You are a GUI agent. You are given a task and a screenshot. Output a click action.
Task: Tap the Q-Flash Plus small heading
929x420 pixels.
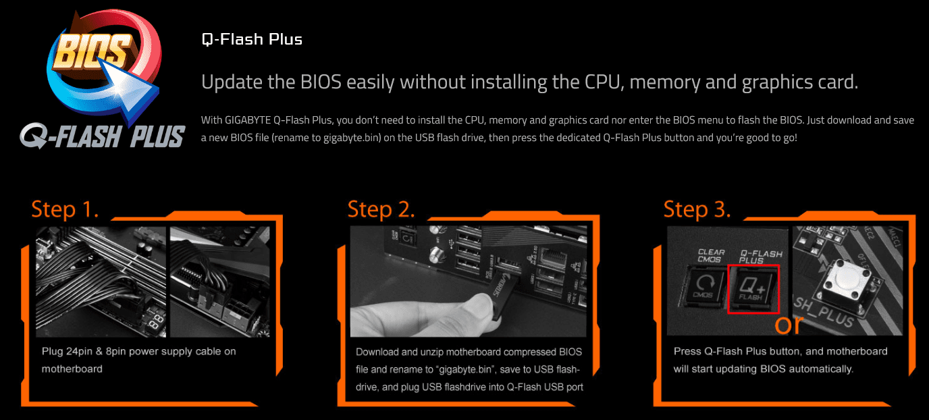[x=252, y=39]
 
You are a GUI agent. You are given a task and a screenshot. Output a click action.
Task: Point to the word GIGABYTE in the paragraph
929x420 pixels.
[x=248, y=120]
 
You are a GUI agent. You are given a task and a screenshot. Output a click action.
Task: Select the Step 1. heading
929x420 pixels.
[x=65, y=209]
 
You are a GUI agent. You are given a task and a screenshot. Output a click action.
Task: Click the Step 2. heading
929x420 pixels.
[x=381, y=209]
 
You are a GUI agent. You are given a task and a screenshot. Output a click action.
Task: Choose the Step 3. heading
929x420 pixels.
[x=697, y=209]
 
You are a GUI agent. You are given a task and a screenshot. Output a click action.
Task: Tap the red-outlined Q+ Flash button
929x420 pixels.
[x=753, y=288]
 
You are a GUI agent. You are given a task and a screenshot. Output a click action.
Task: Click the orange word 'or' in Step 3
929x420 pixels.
[x=789, y=325]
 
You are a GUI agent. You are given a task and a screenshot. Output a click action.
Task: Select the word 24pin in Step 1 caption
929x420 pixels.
[x=79, y=352]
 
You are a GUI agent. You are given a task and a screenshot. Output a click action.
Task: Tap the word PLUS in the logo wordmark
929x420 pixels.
[x=157, y=136]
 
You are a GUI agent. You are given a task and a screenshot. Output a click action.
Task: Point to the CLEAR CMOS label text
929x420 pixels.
[x=711, y=255]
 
